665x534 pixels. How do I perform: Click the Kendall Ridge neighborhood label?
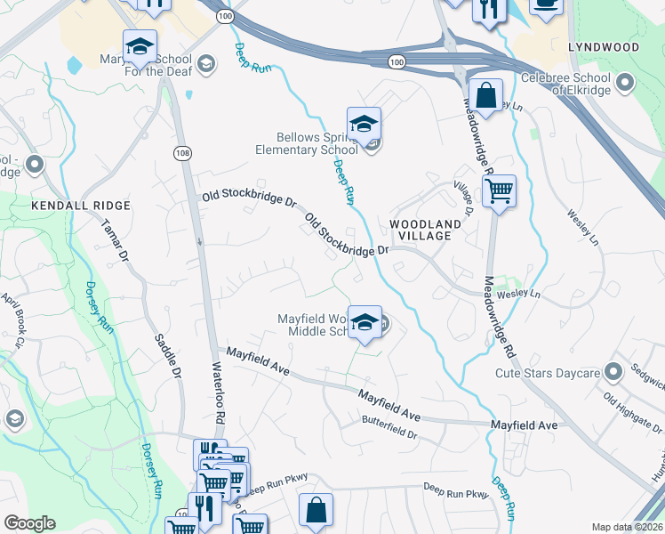click(81, 206)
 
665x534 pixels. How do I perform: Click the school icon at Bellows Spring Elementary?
click(364, 125)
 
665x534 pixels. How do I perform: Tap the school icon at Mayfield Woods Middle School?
click(364, 323)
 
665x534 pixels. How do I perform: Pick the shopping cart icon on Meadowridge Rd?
click(499, 190)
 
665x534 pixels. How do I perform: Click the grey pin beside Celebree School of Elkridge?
click(625, 85)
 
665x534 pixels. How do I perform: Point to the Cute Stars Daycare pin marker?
click(613, 371)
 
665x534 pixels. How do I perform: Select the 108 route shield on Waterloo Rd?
click(180, 153)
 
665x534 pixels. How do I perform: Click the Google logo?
click(29, 523)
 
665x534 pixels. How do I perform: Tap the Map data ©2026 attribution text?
click(627, 527)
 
